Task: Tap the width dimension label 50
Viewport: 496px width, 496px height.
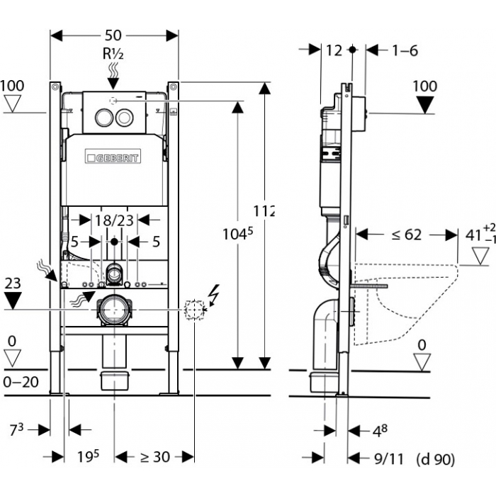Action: [x=114, y=34]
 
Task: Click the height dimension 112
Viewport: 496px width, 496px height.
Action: [x=264, y=210]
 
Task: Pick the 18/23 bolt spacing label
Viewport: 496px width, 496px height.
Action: [x=114, y=220]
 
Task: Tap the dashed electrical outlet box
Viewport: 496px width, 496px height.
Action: [x=193, y=309]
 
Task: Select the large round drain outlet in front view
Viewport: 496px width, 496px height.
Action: [x=113, y=310]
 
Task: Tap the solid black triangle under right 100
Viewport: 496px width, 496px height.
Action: [x=424, y=105]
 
